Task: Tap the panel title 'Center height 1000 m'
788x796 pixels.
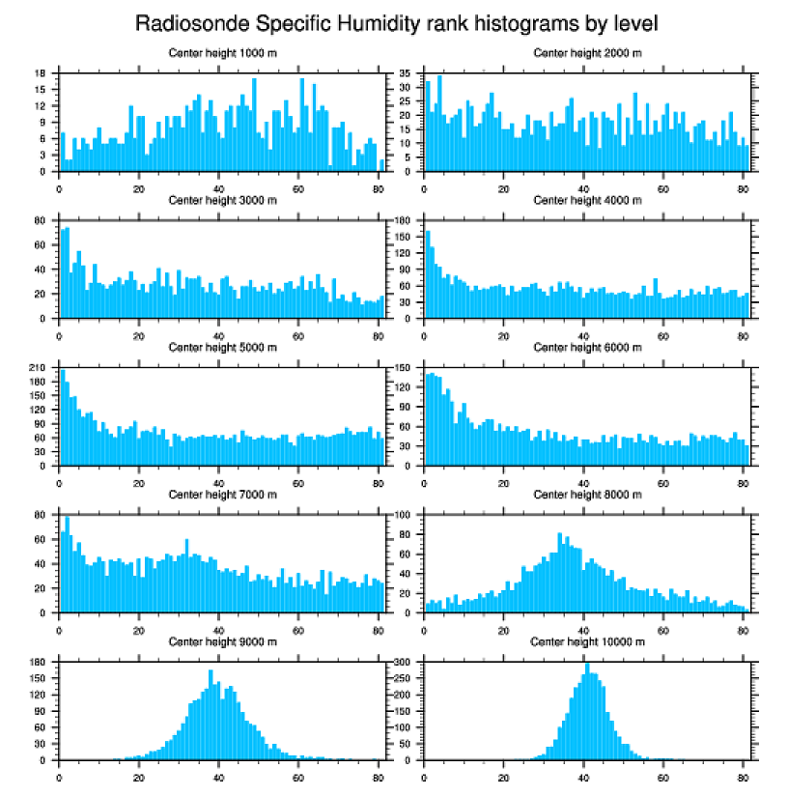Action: pos(223,53)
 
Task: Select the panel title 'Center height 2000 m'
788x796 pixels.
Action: pos(587,53)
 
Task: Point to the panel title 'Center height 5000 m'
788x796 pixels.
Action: pos(223,348)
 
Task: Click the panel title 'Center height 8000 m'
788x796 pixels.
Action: pos(587,495)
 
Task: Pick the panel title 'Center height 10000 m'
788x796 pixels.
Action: pos(587,641)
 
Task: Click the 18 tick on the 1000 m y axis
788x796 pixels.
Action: pos(41,73)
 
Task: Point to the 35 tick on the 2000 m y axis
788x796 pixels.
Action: pos(406,73)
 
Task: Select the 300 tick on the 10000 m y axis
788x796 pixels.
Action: pos(403,663)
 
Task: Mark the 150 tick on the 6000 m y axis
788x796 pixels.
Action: pos(403,368)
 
